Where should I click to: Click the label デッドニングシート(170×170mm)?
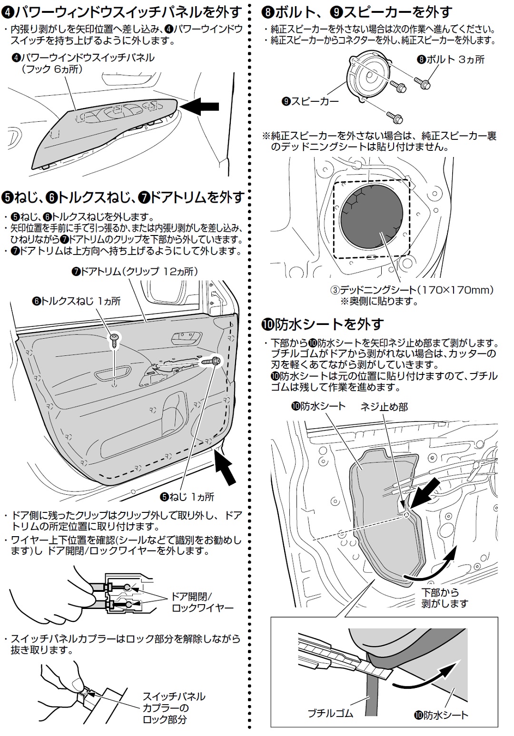412,290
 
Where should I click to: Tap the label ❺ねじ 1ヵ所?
187,497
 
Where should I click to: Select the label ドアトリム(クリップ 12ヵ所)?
134,272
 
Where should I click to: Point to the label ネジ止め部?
384,407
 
